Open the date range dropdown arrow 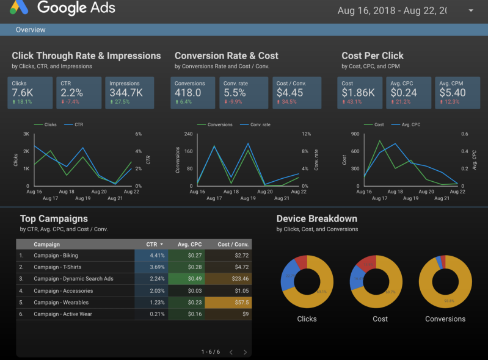[x=470, y=11]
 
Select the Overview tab [x=31, y=29]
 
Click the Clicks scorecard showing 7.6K [x=30, y=92]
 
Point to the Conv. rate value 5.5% [x=235, y=93]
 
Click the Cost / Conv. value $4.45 [x=290, y=93]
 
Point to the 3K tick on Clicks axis [x=26, y=134]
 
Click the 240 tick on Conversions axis [x=188, y=134]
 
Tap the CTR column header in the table [x=155, y=244]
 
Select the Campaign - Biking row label [x=56, y=256]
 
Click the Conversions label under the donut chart [x=445, y=319]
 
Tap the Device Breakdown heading [x=316, y=218]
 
